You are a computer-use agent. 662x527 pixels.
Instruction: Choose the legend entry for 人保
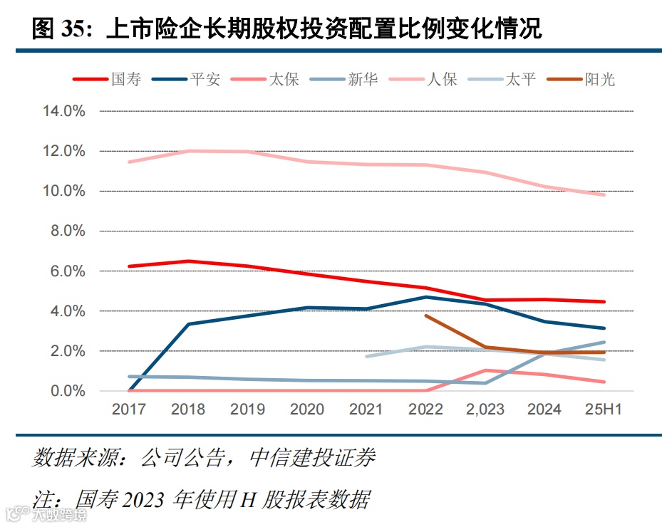point(442,79)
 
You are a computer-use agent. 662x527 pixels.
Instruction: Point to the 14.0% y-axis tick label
point(64,112)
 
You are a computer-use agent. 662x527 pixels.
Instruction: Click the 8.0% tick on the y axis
point(68,231)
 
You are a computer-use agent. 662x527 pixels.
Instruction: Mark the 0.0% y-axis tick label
point(68,391)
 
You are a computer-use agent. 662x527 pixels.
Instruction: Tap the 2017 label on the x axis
point(129,409)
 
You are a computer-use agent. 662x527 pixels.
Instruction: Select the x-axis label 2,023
point(485,409)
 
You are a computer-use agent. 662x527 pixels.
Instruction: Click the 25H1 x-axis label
point(604,409)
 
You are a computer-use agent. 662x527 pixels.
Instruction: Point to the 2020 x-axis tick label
point(307,409)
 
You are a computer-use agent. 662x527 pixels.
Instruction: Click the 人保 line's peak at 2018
point(189,151)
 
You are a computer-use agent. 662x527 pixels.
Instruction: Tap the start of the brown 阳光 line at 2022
point(426,315)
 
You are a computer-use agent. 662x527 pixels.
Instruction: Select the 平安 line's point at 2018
point(189,324)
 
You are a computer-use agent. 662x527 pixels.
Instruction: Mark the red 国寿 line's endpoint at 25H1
point(604,302)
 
